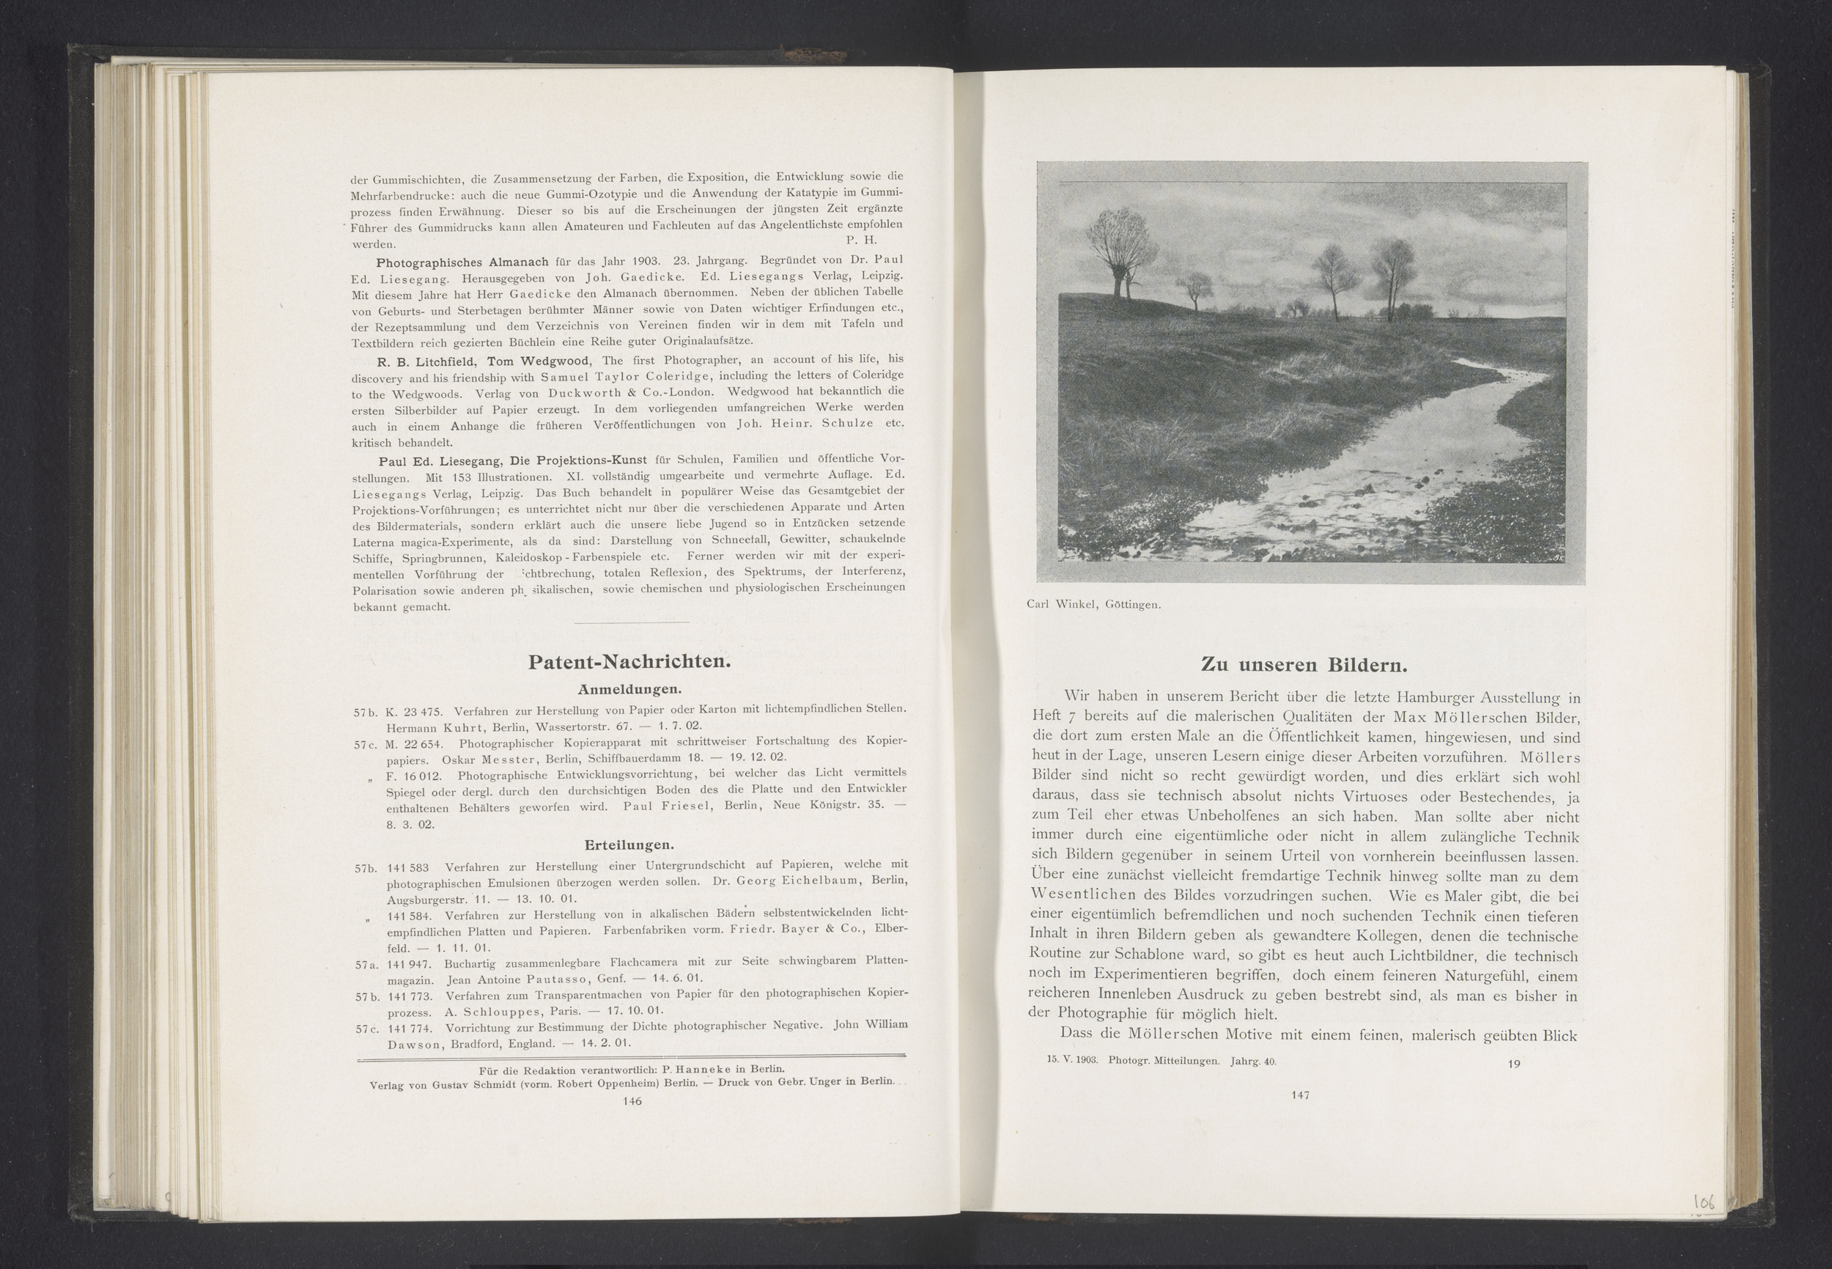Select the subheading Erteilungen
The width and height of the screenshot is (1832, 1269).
coord(629,845)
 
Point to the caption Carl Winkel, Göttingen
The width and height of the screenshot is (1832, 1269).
coord(1093,604)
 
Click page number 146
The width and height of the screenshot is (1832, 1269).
coord(632,1101)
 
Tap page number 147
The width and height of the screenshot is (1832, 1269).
coord(1300,1095)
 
